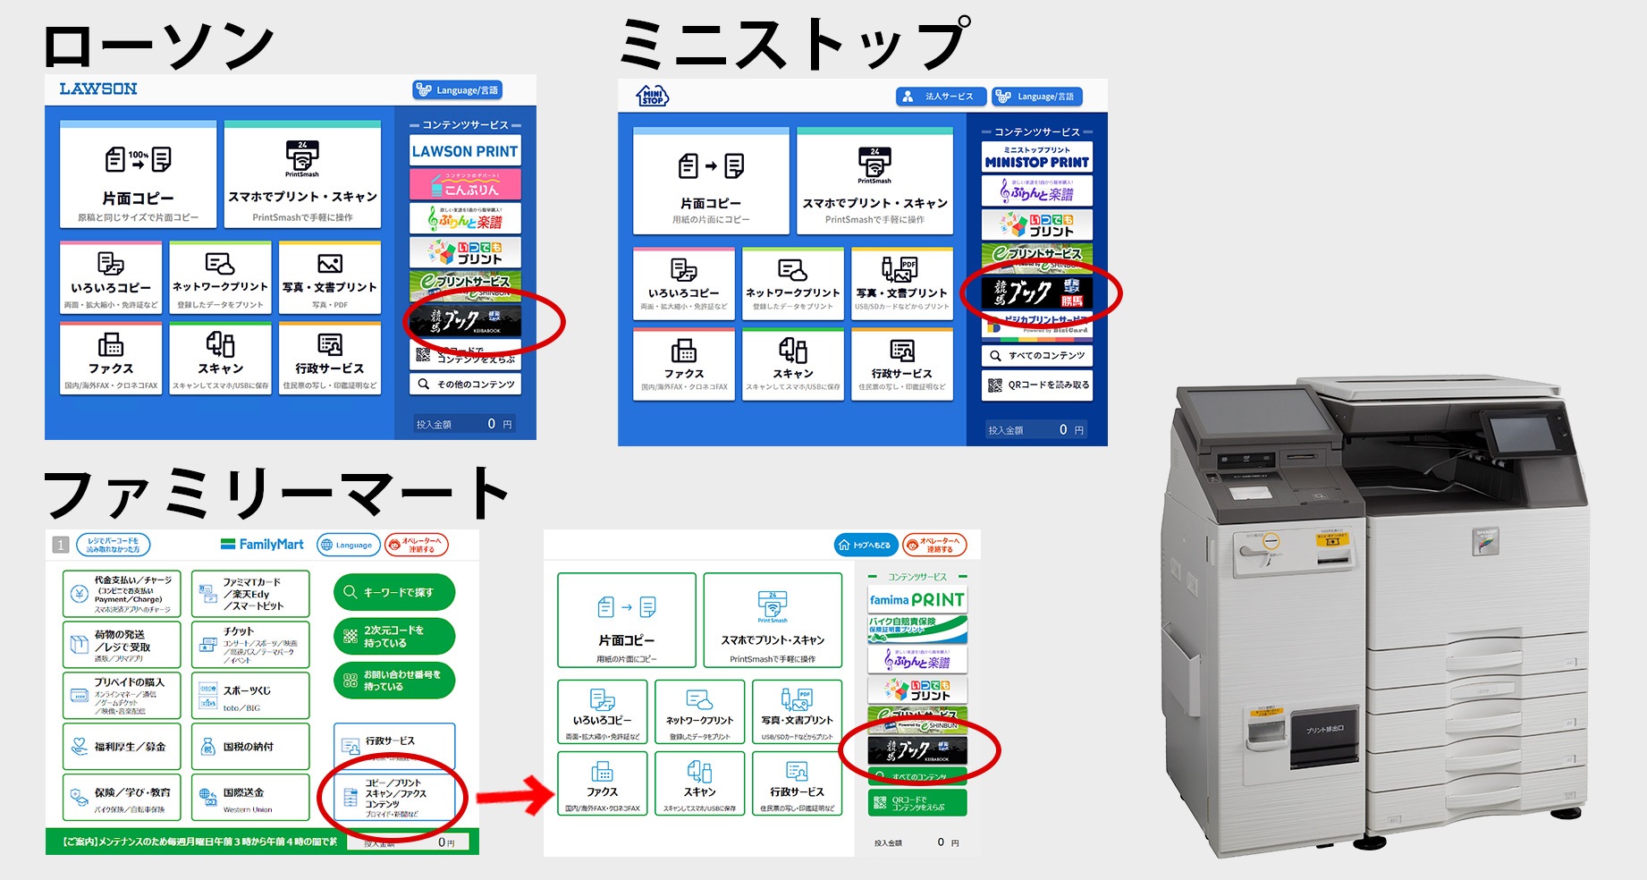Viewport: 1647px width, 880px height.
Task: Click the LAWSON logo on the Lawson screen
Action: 98,89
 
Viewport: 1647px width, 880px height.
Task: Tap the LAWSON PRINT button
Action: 465,151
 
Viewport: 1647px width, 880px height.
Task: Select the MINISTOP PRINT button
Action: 1036,157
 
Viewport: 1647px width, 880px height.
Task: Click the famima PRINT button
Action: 916,599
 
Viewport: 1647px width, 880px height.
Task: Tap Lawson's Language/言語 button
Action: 458,90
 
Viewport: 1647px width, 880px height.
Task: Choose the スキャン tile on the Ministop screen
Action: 793,363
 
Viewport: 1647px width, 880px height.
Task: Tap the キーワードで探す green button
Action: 394,592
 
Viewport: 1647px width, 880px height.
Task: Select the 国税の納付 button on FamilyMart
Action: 250,747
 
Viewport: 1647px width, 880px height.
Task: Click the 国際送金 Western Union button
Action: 250,797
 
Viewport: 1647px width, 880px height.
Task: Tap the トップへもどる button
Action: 865,545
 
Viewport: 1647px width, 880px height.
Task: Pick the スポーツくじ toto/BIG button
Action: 250,696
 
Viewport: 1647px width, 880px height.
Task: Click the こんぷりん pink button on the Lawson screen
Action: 465,185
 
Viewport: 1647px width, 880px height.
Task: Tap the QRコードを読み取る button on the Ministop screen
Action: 1037,385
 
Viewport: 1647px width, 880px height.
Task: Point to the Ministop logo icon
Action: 652,96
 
